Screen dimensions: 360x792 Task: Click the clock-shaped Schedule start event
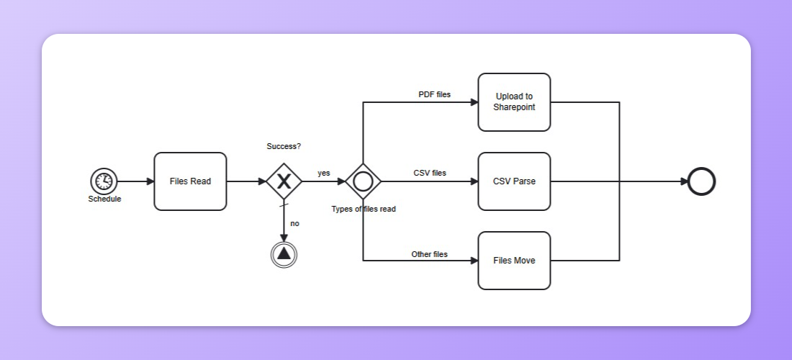104,181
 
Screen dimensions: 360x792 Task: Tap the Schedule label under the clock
104,199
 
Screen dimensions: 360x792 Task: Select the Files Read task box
190,181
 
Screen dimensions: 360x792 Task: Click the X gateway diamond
284,181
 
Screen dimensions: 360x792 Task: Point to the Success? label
284,146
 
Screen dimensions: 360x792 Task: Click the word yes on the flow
324,173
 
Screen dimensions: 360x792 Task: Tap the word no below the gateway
294,223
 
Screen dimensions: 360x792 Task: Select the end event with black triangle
284,253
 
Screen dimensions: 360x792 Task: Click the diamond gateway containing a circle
363,181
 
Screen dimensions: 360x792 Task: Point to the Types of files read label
363,209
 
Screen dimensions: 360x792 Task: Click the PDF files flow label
434,94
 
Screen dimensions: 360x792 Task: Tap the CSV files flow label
429,173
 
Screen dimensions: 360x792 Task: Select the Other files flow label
429,254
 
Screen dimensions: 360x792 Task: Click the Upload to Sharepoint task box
514,102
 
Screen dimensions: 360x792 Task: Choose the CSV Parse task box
514,181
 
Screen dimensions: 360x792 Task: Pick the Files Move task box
514,261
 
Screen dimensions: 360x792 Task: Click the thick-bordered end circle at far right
701,181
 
